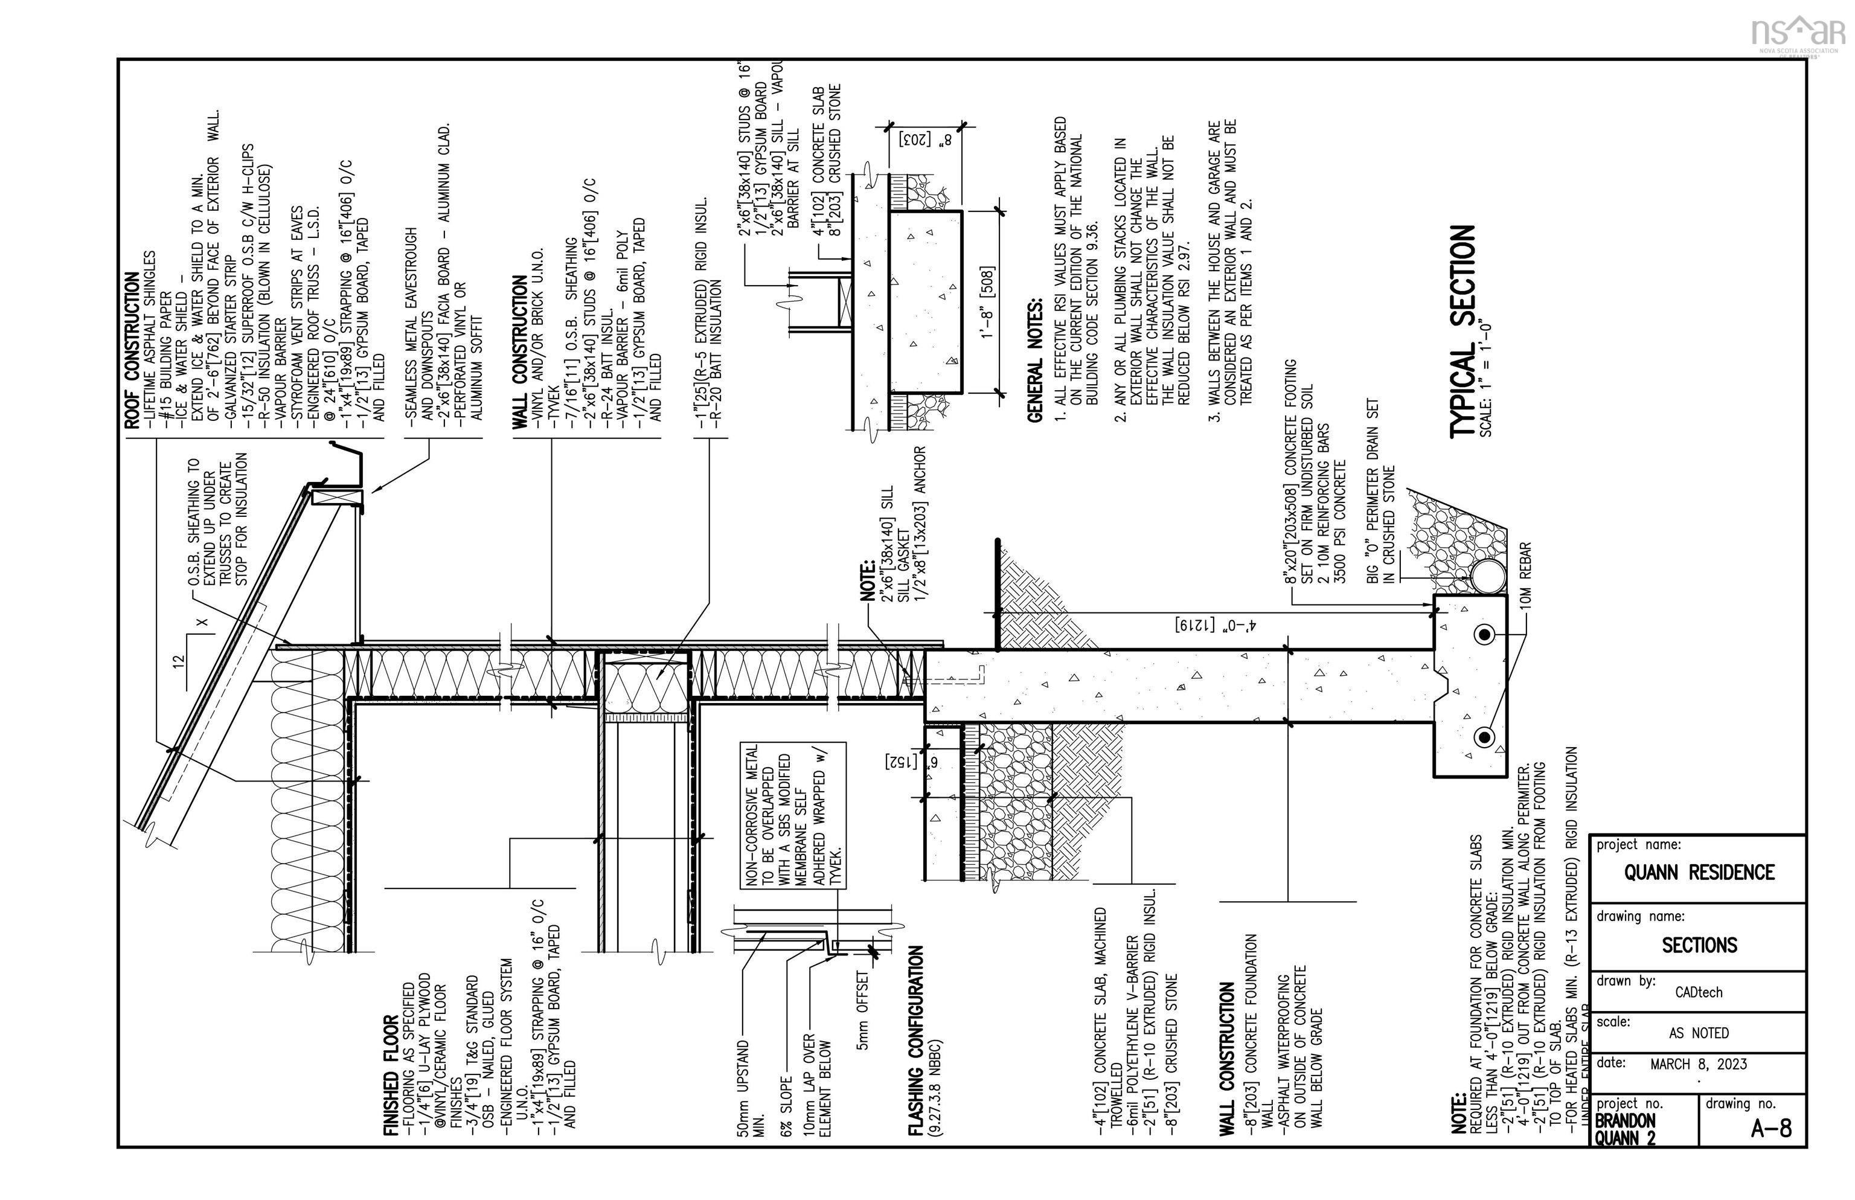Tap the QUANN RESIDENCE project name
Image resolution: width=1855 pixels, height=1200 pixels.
tap(1699, 872)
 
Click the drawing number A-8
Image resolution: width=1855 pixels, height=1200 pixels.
tap(1771, 1128)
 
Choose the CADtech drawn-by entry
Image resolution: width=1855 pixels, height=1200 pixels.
tap(1699, 992)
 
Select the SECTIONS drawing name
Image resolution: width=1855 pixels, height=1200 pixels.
tap(1699, 945)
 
